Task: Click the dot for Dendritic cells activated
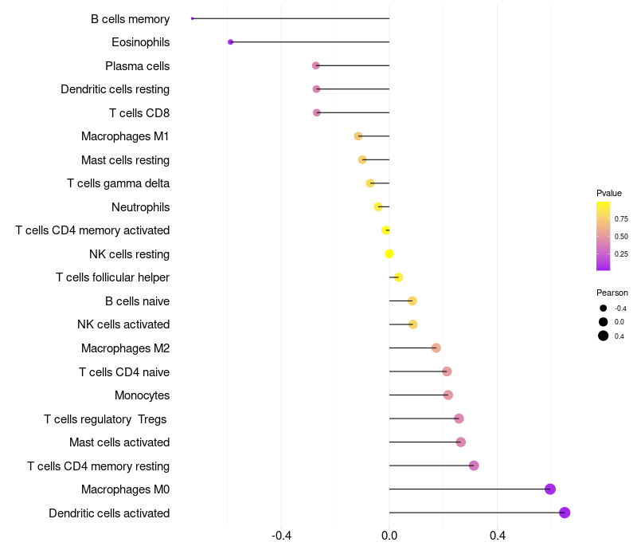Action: pyautogui.click(x=565, y=513)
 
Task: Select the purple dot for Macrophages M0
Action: pyautogui.click(x=549, y=489)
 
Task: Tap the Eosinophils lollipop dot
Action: pyautogui.click(x=230, y=42)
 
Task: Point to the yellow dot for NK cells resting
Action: pyautogui.click(x=389, y=254)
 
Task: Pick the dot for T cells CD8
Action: pyautogui.click(x=317, y=112)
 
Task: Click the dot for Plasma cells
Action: pyautogui.click(x=316, y=65)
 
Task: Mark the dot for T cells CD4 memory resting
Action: pyautogui.click(x=474, y=466)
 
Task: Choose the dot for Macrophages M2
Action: pyautogui.click(x=436, y=348)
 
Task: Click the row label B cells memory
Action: pyautogui.click(x=130, y=19)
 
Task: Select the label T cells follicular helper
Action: pyautogui.click(x=112, y=277)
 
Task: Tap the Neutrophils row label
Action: pyautogui.click(x=140, y=207)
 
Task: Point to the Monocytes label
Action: pyautogui.click(x=142, y=395)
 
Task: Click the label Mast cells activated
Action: pyautogui.click(x=119, y=442)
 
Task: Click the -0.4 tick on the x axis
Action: pyautogui.click(x=281, y=536)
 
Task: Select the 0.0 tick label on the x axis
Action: pyautogui.click(x=389, y=536)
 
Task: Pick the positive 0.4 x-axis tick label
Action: pyautogui.click(x=498, y=536)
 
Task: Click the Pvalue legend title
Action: pyautogui.click(x=609, y=193)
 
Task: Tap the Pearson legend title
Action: pyautogui.click(x=612, y=293)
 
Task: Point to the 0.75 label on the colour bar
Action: pyautogui.click(x=621, y=219)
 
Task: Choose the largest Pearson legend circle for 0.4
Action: pyautogui.click(x=604, y=336)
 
